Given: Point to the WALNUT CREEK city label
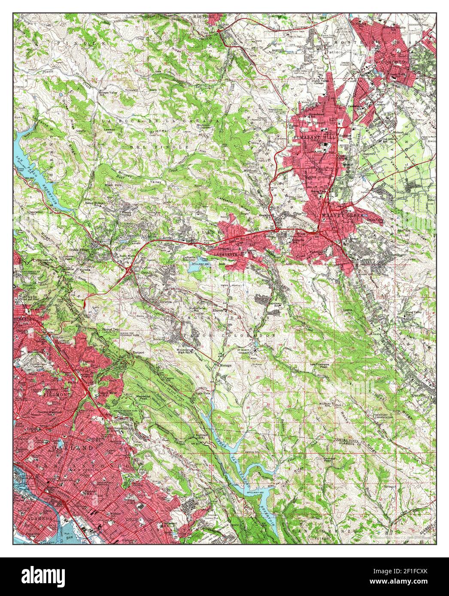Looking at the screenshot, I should pyautogui.click(x=343, y=215).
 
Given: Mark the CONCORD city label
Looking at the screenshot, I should pyautogui.click(x=393, y=62).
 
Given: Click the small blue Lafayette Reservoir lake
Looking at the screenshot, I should pyautogui.click(x=191, y=270).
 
